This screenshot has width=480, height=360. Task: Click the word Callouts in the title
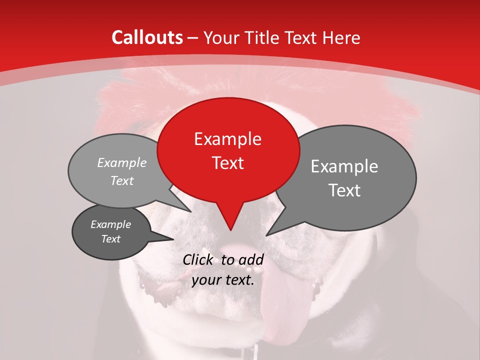point(147,37)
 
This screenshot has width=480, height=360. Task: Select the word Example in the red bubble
point(227,139)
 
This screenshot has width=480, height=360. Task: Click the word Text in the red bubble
point(227,162)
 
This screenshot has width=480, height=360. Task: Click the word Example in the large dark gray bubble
point(344,166)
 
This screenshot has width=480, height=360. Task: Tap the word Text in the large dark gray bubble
point(344,190)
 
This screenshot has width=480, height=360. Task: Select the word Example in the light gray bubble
point(122,162)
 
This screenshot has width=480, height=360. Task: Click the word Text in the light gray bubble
point(122,180)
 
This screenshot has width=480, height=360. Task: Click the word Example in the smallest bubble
point(110,224)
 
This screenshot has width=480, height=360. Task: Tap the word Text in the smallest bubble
point(110,239)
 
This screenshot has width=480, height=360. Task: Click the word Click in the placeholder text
point(199,259)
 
